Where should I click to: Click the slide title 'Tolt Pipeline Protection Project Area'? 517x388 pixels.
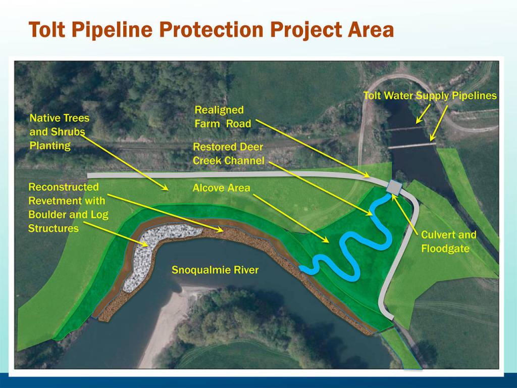click(211, 30)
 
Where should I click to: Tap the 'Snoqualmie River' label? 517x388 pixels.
click(215, 270)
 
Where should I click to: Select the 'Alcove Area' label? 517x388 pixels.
click(221, 188)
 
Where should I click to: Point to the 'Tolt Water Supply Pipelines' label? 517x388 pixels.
click(430, 95)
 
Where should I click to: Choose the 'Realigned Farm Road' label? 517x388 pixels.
click(223, 117)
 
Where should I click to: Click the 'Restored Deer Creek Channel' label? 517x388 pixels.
click(228, 154)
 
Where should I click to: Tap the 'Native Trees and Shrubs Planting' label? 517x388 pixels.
click(59, 132)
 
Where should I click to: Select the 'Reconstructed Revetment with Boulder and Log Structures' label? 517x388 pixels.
click(68, 208)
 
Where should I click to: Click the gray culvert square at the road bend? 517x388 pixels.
click(394, 186)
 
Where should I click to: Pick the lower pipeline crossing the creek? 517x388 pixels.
click(411, 145)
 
